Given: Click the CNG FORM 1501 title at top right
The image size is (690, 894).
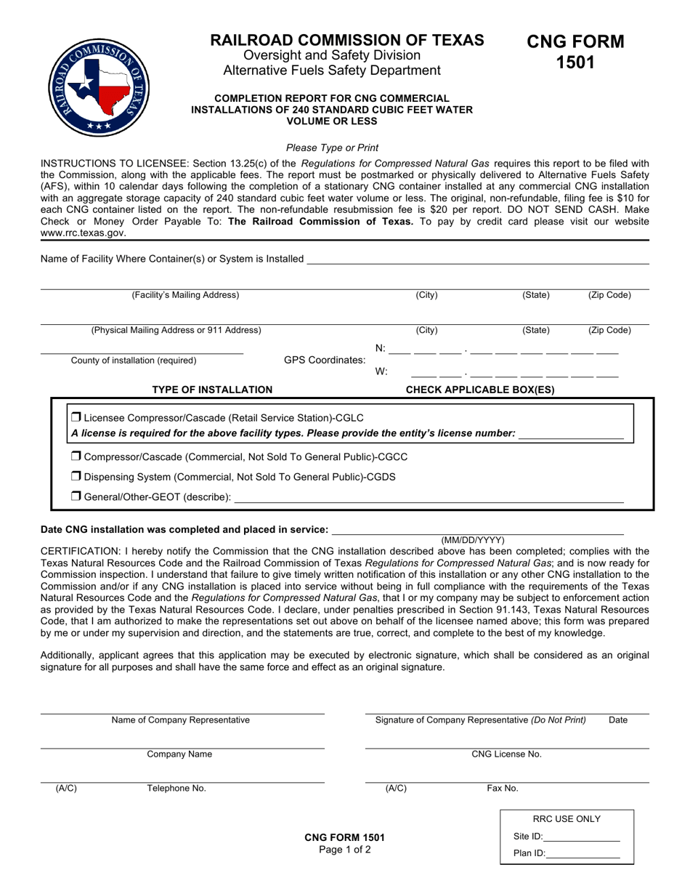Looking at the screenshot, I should [x=575, y=52].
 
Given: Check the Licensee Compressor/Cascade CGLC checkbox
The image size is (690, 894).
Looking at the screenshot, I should [x=76, y=418].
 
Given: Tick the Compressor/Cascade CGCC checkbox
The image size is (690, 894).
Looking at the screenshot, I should [x=76, y=457].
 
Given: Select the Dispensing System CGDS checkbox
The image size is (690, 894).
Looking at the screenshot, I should [x=76, y=477].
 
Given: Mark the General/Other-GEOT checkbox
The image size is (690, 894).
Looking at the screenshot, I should [x=76, y=497].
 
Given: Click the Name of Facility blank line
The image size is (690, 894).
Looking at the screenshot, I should [x=477, y=259].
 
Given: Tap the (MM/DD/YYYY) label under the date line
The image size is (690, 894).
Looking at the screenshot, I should [x=473, y=540].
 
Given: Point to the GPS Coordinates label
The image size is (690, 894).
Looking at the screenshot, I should [x=325, y=360].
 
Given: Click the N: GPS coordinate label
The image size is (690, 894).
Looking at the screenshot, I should [x=381, y=348].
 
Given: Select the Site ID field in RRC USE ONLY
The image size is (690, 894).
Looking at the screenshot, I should [x=581, y=837].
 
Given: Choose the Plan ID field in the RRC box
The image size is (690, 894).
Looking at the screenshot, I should [x=583, y=854].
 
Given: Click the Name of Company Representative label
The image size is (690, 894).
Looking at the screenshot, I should [x=180, y=720].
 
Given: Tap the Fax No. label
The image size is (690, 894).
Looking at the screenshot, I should [x=503, y=789].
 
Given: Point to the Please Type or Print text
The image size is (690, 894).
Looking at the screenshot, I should [x=332, y=148].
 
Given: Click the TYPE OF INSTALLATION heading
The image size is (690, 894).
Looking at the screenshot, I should [x=212, y=390].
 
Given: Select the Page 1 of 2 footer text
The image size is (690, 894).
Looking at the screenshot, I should [x=344, y=850].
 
